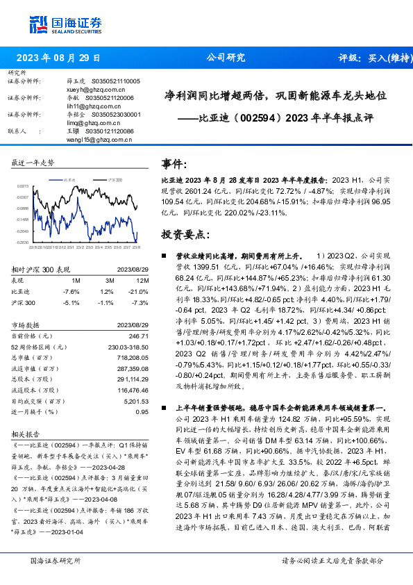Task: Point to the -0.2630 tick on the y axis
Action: [22, 242]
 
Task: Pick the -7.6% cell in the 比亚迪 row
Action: [71, 292]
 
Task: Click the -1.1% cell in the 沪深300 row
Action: [106, 303]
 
